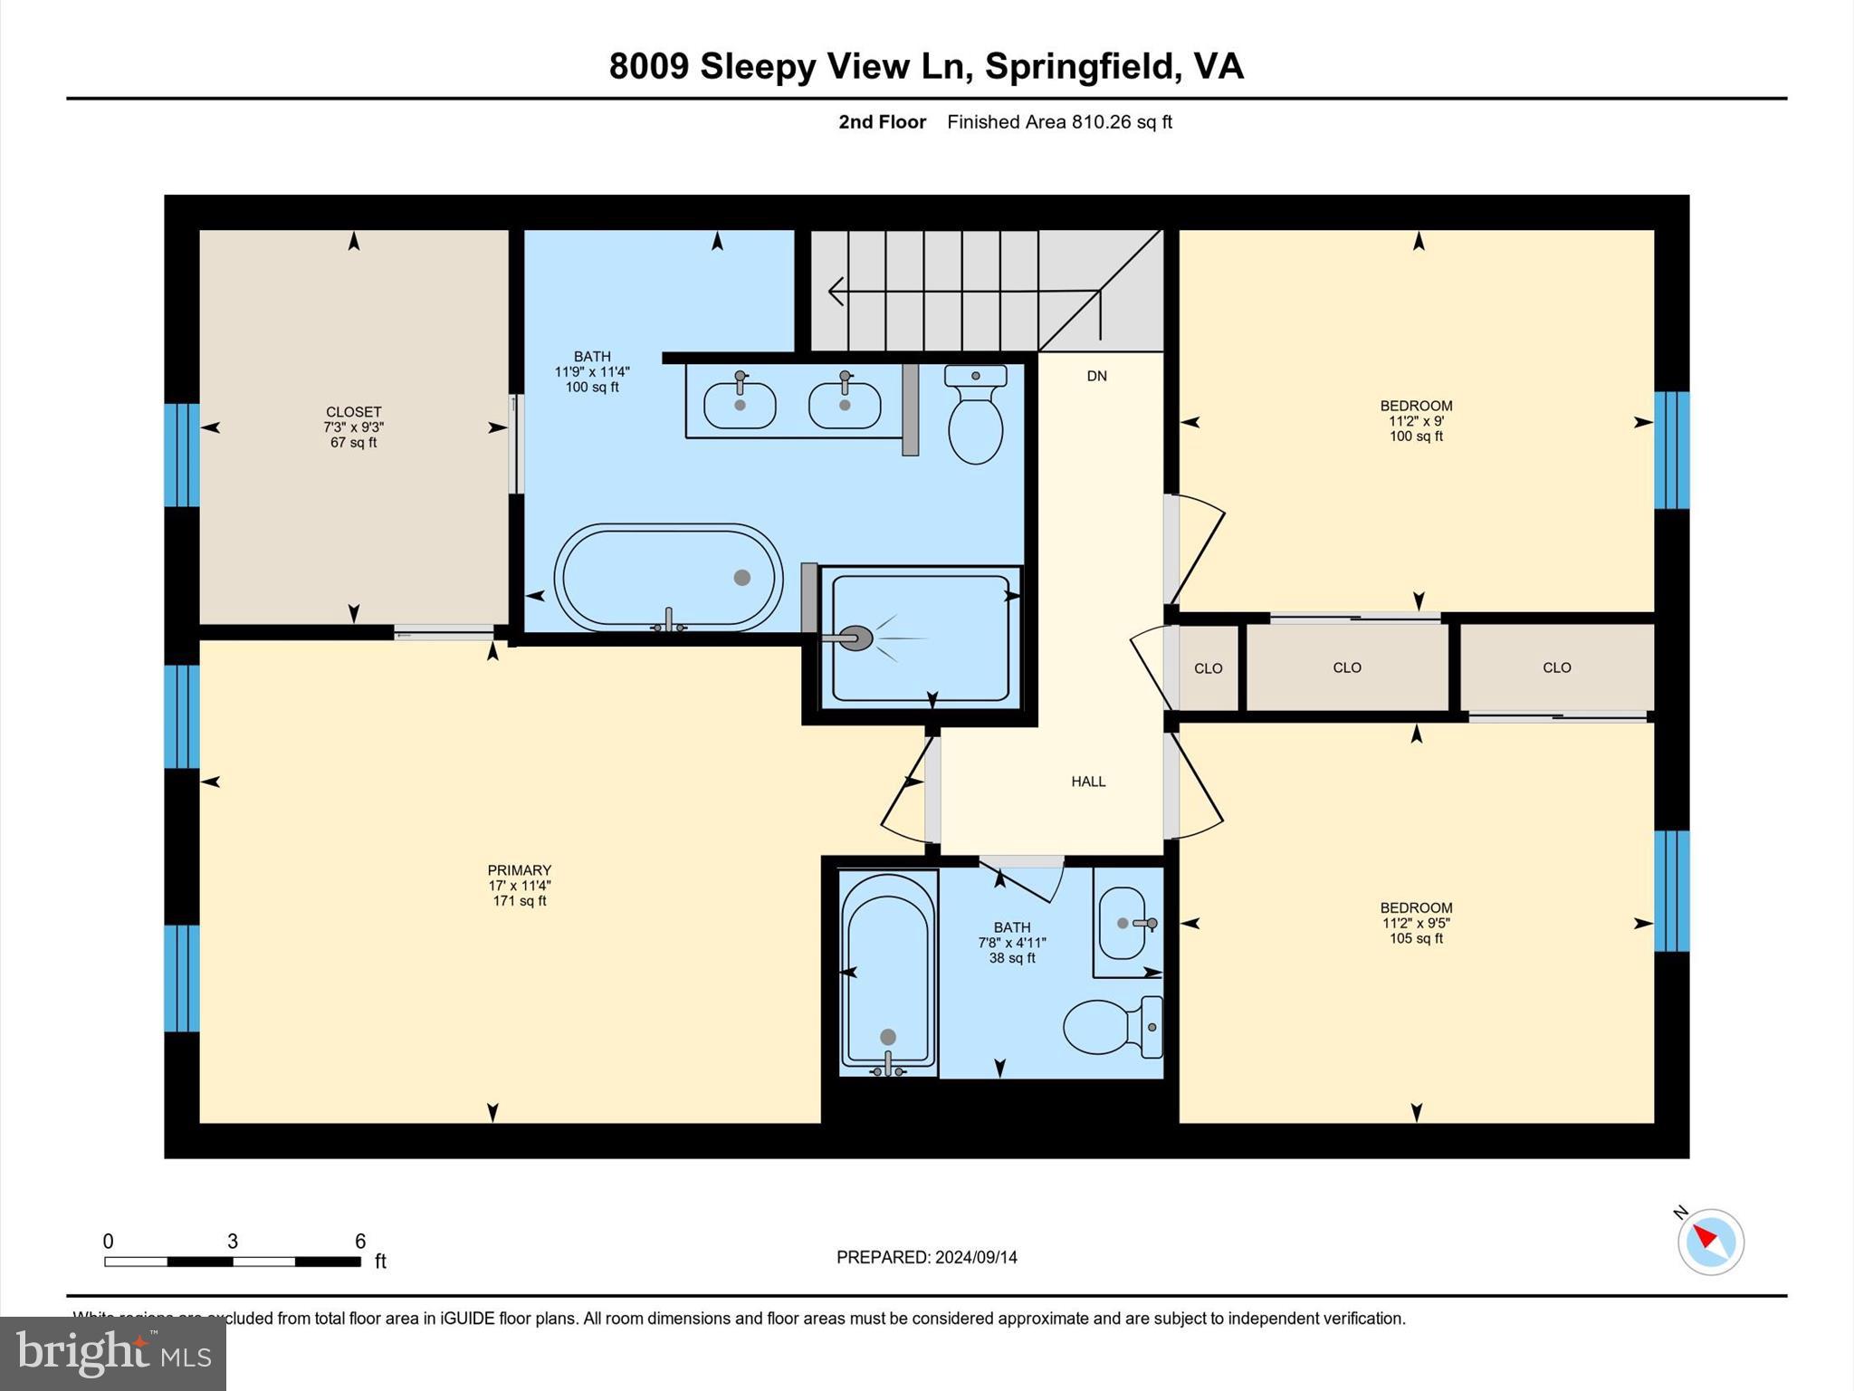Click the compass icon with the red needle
(1710, 1242)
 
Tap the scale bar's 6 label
(359, 1242)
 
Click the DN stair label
(1096, 376)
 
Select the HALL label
(1088, 782)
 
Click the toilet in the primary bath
(975, 417)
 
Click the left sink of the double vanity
(740, 405)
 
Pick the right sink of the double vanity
(844, 405)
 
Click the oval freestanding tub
(668, 578)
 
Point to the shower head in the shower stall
(855, 638)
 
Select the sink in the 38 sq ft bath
(1123, 924)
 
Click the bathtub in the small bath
(888, 971)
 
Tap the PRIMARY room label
(519, 870)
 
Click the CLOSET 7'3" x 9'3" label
(353, 427)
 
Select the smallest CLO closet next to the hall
(1208, 668)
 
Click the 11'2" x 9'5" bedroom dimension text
(1416, 923)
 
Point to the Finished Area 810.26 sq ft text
(1059, 122)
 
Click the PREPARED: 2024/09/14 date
(926, 1257)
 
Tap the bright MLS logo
(113, 1353)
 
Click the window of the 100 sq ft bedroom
(1670, 450)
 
